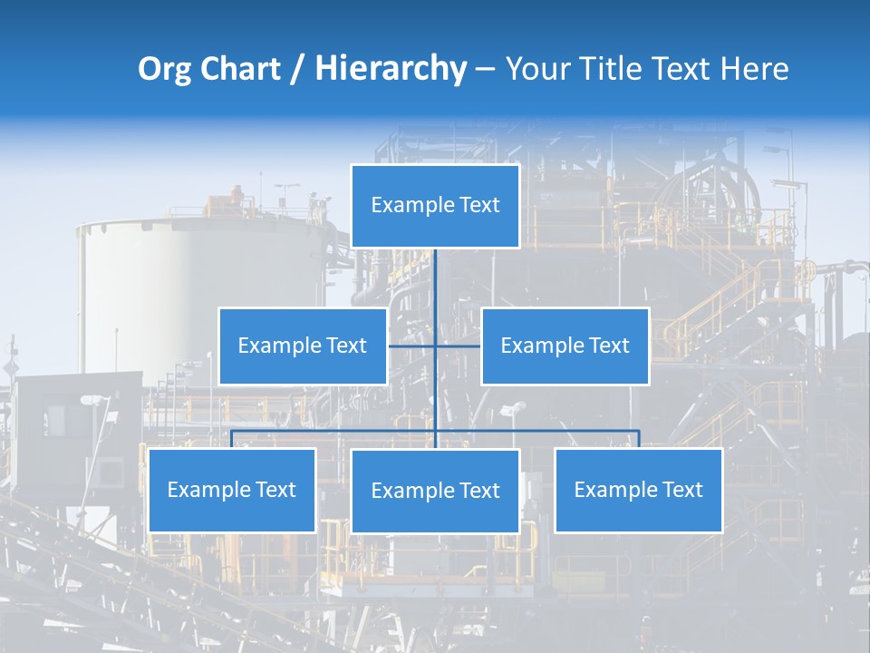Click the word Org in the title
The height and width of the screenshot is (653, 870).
click(x=164, y=69)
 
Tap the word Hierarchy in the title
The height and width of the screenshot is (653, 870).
click(x=390, y=69)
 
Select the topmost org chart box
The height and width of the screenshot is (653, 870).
click(x=435, y=206)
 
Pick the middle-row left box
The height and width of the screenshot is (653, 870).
click(x=303, y=346)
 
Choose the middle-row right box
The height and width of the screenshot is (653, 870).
click(x=565, y=346)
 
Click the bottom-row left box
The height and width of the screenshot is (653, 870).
click(x=232, y=490)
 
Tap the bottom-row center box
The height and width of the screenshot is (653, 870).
click(x=435, y=491)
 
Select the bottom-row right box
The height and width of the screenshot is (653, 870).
click(x=639, y=490)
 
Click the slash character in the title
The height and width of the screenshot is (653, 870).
click(x=297, y=70)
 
